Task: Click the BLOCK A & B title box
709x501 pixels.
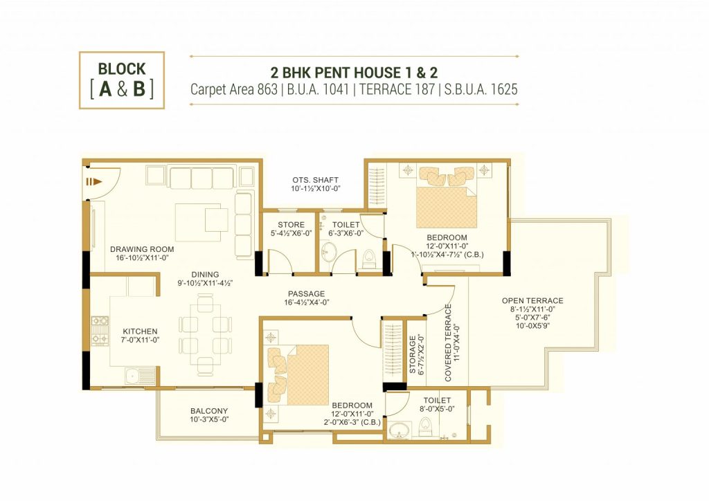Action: tap(122, 80)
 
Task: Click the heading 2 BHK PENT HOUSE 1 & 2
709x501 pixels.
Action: tap(354, 72)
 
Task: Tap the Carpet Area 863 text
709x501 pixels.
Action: tap(234, 89)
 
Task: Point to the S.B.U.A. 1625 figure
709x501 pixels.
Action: tap(481, 89)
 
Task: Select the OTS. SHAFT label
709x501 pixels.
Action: tap(315, 180)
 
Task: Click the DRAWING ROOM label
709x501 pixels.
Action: tap(142, 249)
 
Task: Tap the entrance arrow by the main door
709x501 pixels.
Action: tap(94, 181)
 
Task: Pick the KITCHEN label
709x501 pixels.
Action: tap(140, 331)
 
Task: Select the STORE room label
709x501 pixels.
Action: tap(291, 224)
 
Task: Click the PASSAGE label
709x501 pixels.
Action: tap(307, 293)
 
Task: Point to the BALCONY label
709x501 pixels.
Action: tap(209, 411)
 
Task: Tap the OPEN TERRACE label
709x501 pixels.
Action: tap(532, 300)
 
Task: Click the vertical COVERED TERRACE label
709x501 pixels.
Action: tap(448, 343)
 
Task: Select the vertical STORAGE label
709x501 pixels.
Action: tap(413, 354)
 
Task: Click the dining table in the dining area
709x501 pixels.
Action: tap(205, 334)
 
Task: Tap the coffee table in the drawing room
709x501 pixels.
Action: tap(199, 223)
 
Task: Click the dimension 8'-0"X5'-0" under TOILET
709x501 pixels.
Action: tap(438, 409)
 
